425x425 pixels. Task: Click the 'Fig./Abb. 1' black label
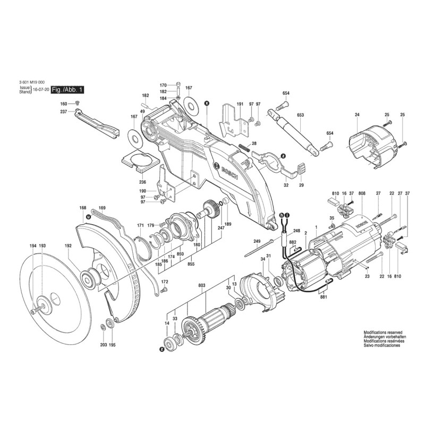67,91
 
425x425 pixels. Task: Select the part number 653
300,115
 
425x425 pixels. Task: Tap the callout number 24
357,115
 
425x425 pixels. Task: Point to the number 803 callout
202,286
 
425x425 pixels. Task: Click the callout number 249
257,242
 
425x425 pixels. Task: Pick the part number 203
103,345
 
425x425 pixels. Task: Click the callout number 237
63,112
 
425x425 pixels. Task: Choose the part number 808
362,194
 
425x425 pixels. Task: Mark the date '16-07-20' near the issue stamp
41,91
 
